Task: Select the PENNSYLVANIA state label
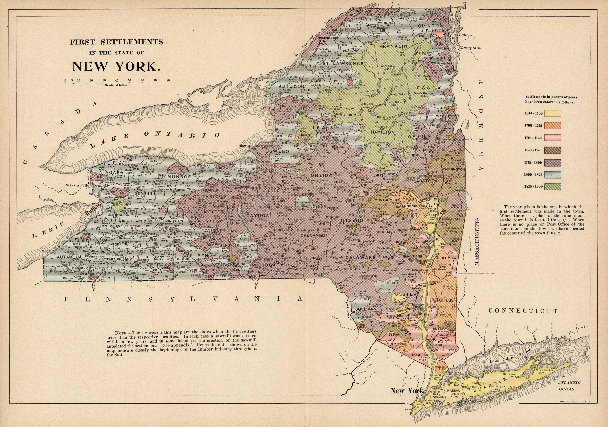pyautogui.click(x=183, y=299)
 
